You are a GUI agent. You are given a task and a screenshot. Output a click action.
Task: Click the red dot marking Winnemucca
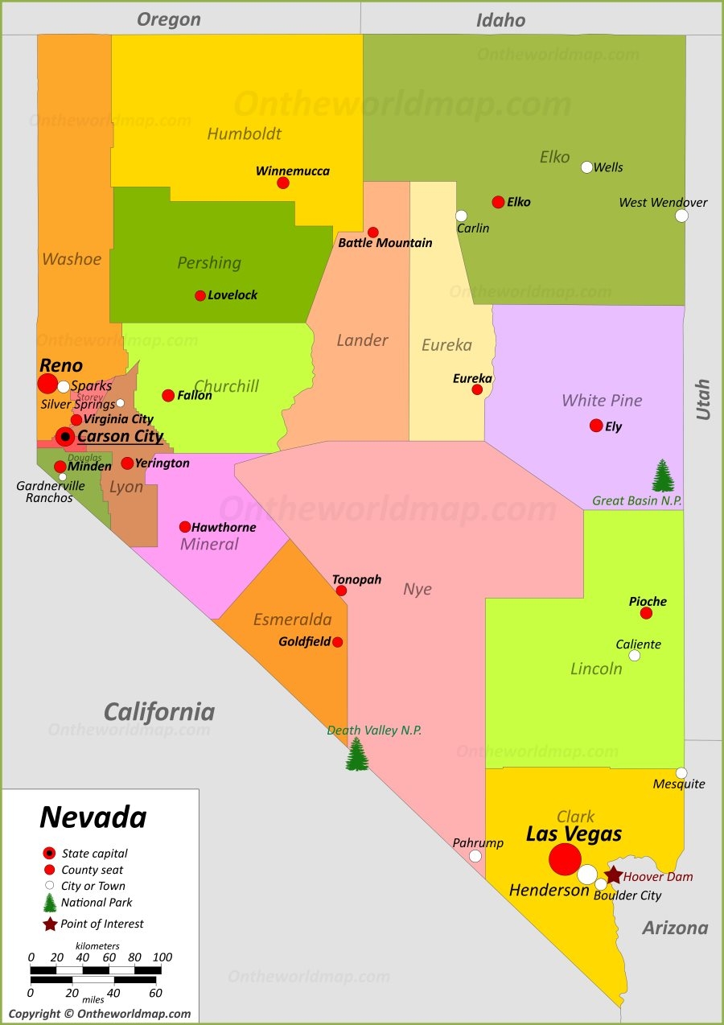pyautogui.click(x=283, y=183)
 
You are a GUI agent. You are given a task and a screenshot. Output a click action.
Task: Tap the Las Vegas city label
pyautogui.click(x=574, y=834)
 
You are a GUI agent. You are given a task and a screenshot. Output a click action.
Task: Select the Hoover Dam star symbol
pyautogui.click(x=613, y=875)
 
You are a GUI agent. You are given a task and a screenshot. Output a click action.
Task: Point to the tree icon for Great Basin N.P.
pyautogui.click(x=663, y=475)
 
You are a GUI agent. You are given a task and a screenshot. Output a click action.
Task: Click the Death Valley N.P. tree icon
pyautogui.click(x=357, y=755)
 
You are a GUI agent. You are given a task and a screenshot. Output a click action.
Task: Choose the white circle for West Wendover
pyautogui.click(x=682, y=216)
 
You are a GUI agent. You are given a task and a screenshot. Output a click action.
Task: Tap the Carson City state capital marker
pyautogui.click(x=65, y=437)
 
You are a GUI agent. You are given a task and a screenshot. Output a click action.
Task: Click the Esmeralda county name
pyautogui.click(x=293, y=620)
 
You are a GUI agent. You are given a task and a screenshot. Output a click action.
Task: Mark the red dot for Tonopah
pyautogui.click(x=341, y=591)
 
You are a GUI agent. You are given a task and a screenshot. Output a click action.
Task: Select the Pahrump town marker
pyautogui.click(x=475, y=856)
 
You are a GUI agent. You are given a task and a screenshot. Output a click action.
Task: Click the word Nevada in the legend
pyautogui.click(x=93, y=817)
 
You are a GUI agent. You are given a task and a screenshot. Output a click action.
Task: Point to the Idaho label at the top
pyautogui.click(x=500, y=20)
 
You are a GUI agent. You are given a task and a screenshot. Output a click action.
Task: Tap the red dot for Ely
pyautogui.click(x=596, y=426)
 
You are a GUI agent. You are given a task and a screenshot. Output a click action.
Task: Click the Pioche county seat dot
pyautogui.click(x=646, y=613)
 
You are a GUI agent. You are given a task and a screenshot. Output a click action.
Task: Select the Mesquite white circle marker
pyautogui.click(x=681, y=773)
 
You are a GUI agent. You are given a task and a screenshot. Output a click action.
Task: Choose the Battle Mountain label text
pyautogui.click(x=385, y=243)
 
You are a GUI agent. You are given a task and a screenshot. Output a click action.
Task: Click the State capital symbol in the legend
pyautogui.click(x=49, y=853)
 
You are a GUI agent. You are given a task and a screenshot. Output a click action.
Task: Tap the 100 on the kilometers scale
pyautogui.click(x=162, y=957)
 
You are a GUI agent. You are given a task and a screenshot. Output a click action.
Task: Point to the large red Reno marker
pyautogui.click(x=47, y=384)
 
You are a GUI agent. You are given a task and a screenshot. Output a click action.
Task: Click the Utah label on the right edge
pyautogui.click(x=703, y=399)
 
